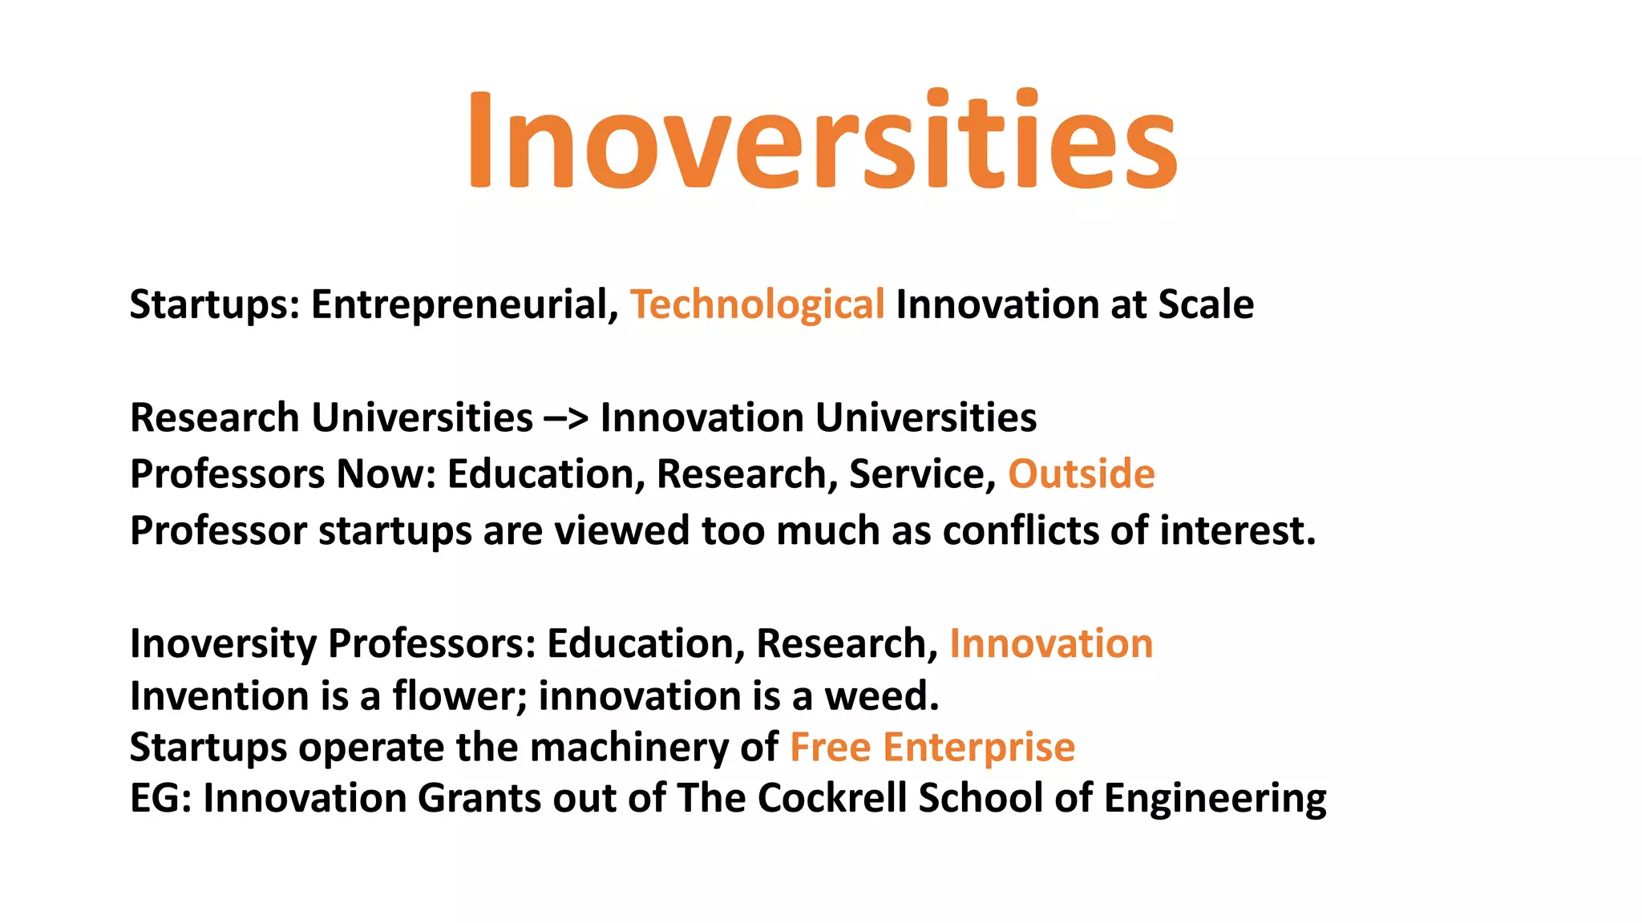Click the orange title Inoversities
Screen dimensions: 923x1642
pyautogui.click(x=823, y=141)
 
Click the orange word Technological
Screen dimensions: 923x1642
pyautogui.click(x=757, y=305)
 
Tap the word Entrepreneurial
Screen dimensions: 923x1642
pyautogui.click(x=463, y=305)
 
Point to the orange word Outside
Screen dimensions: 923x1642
pyautogui.click(x=1081, y=474)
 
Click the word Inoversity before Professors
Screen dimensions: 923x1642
pyautogui.click(x=223, y=644)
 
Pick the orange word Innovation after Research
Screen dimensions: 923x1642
pyautogui.click(x=1050, y=643)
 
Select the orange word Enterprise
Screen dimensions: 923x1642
pyautogui.click(x=978, y=748)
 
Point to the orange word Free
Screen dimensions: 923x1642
pyautogui.click(x=830, y=747)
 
